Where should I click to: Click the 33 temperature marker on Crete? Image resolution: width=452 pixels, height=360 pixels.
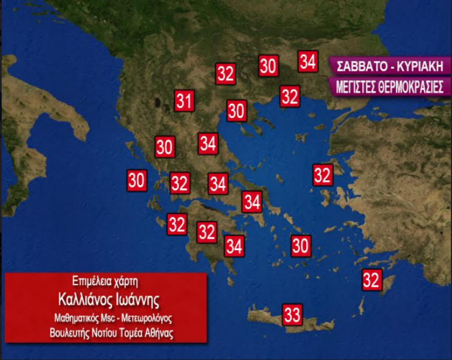coord(292,314)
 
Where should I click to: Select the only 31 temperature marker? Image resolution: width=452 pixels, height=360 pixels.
coord(184,101)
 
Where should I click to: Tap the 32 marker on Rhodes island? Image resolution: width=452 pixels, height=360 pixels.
coord(371,280)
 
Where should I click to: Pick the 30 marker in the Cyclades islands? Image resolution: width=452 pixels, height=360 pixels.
coord(301,246)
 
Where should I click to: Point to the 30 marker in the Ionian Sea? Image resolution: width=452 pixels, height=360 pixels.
coord(137,181)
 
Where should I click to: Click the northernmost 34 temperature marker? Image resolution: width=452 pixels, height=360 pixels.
coord(307,62)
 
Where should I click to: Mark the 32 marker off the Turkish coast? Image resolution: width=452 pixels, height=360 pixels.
coord(323,175)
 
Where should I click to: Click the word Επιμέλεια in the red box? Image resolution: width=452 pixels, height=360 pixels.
coord(91,281)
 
